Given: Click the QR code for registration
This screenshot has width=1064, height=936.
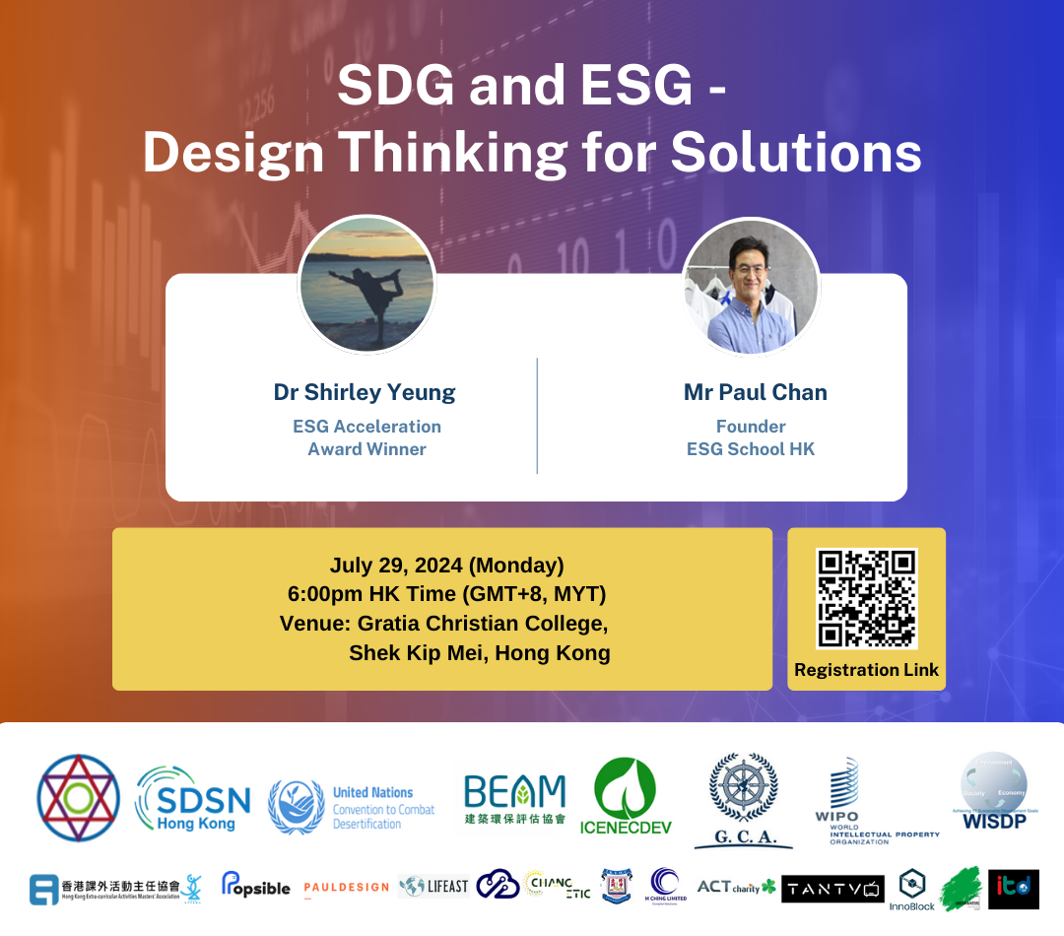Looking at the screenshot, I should [x=866, y=598].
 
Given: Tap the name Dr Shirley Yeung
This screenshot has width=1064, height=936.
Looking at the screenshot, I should [x=365, y=392].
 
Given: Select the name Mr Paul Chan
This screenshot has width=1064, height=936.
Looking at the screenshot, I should [x=755, y=392].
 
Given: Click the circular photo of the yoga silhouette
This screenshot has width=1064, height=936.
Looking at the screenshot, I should [x=366, y=284].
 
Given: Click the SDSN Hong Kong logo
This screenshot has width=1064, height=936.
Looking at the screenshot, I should [x=193, y=798].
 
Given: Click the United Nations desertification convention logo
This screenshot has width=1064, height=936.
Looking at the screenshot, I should [x=352, y=806].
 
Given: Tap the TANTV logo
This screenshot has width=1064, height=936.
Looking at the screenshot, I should [x=832, y=889].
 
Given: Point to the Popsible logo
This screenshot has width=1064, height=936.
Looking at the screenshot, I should [x=255, y=886].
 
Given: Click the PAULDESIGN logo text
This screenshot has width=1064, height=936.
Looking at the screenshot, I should [x=346, y=888].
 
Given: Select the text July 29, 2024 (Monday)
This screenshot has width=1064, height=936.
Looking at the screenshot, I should [x=446, y=566].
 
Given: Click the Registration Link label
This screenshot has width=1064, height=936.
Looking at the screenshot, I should [x=866, y=670].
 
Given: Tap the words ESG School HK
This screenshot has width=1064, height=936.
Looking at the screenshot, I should [x=751, y=449].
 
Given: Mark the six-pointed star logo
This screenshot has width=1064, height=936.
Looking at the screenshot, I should [x=78, y=798].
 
